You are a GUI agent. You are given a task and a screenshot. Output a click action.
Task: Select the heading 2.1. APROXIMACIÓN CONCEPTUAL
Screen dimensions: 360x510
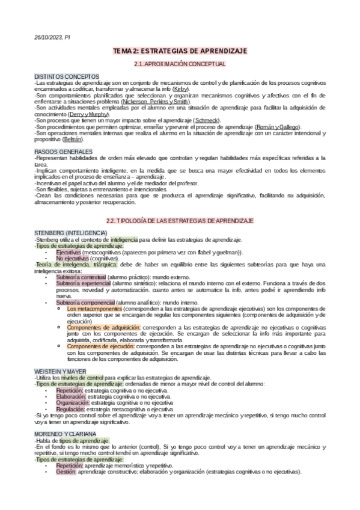tap(180, 64)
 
